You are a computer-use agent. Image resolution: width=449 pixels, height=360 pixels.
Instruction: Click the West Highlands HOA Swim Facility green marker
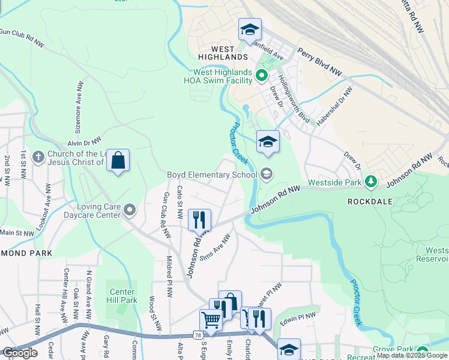tap(261, 76)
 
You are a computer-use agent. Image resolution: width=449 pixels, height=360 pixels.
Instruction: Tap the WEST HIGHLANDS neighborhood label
tap(220, 56)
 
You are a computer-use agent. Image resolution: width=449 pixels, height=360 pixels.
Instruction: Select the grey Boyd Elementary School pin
tap(267, 175)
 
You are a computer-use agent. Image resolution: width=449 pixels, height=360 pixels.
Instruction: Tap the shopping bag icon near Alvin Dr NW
tap(118, 161)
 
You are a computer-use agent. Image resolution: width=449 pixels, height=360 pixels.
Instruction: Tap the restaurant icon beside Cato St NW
tap(199, 220)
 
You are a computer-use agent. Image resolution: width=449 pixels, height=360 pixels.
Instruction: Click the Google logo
tap(19, 353)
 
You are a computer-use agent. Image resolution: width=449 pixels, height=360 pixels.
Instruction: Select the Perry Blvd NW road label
tap(319, 62)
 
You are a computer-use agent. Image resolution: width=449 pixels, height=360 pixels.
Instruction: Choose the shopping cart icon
tap(211, 320)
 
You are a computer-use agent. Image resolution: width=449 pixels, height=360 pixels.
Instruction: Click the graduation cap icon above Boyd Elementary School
tap(268, 142)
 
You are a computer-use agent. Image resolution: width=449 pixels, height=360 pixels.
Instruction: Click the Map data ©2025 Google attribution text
tap(412, 355)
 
